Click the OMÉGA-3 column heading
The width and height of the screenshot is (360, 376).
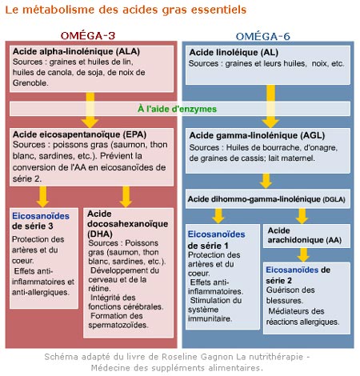88,36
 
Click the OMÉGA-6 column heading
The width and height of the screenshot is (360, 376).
263,37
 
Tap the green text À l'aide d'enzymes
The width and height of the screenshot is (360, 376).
177,109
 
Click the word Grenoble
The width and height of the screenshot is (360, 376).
30,82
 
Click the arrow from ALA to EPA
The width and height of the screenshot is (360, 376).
90,110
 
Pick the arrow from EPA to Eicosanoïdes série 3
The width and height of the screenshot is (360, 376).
42,197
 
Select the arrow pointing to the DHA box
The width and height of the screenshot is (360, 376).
126,197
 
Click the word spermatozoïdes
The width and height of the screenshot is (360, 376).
118,325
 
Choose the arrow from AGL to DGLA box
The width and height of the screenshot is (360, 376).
266,181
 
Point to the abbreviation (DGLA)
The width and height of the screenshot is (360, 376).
334,199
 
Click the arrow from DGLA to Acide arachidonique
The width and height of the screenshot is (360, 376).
302,216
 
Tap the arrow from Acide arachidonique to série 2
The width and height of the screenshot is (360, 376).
303,255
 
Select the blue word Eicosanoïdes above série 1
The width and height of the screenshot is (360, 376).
216,234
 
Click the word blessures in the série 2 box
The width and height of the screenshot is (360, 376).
285,301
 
